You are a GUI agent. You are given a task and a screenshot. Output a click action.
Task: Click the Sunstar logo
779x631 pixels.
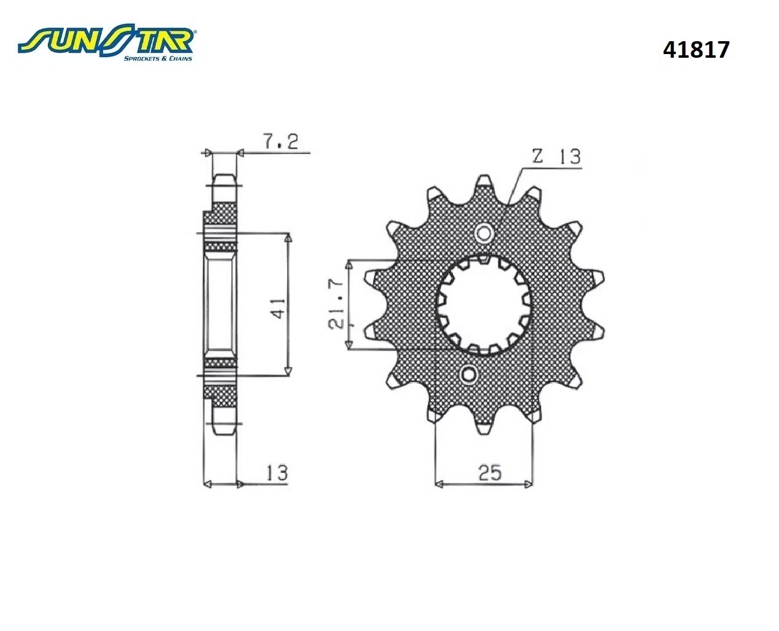106,43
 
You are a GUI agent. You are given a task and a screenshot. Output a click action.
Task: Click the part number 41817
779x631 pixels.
696,49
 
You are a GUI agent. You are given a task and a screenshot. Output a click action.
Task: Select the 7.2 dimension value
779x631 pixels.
281,141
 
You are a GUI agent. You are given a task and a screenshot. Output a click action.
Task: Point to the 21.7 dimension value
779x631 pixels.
336,304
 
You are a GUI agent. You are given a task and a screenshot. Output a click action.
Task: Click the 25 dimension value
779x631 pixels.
490,472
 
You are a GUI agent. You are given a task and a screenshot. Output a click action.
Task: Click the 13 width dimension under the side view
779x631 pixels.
277,472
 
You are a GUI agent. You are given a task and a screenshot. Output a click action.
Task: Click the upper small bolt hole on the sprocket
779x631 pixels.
484,233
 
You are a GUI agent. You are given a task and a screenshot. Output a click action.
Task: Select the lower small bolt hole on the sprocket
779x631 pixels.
468,374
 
